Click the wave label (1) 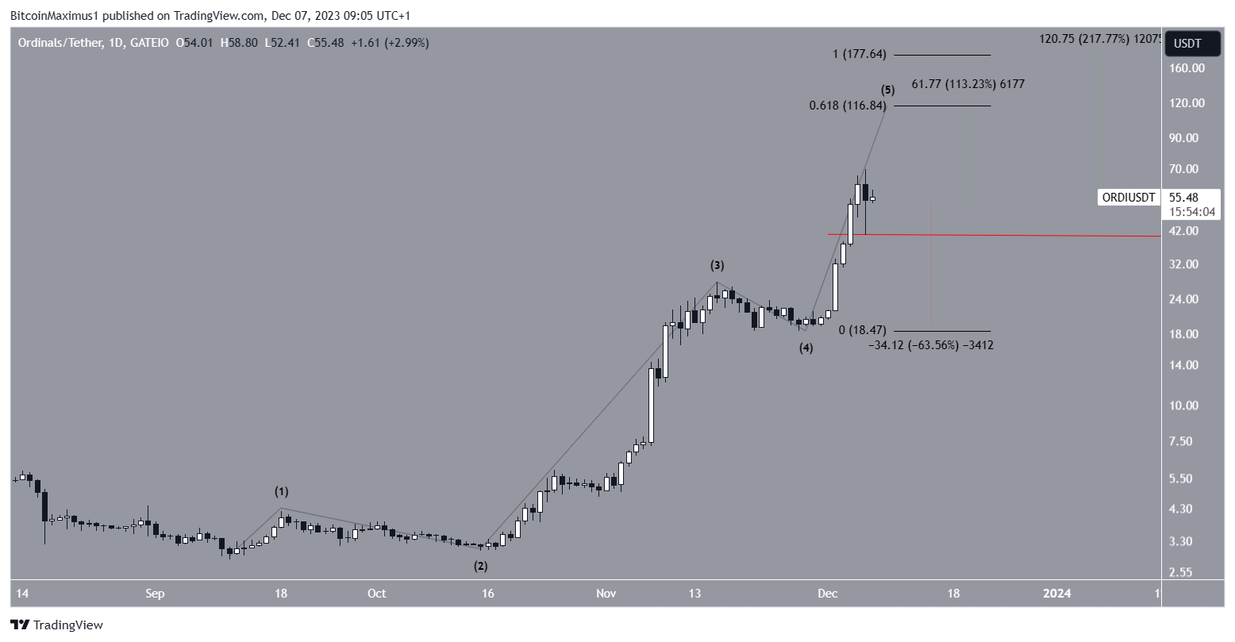[x=282, y=492]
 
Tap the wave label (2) [x=481, y=566]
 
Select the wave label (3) [x=717, y=265]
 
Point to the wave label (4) [x=806, y=348]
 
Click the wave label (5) [x=887, y=90]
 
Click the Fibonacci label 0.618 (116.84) [x=848, y=106]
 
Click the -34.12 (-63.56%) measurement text [x=930, y=345]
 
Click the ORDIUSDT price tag [x=1128, y=198]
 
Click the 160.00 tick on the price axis [x=1188, y=68]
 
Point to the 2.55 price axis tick [x=1183, y=572]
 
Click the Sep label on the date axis [x=155, y=594]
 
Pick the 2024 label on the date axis [x=1056, y=594]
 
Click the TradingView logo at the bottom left [x=57, y=625]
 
